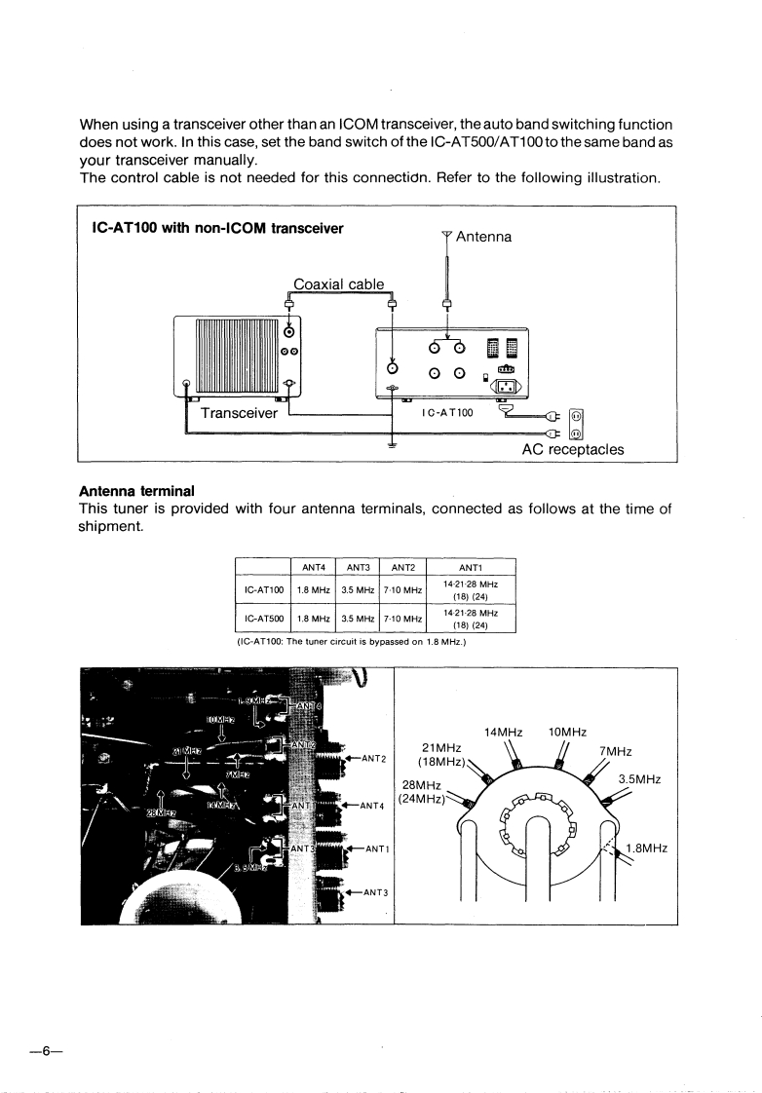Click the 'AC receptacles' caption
[x=573, y=450]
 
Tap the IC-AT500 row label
[x=262, y=619]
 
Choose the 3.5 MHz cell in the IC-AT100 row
[x=358, y=590]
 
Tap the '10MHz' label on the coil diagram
[x=568, y=733]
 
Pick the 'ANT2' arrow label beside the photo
[x=373, y=758]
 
